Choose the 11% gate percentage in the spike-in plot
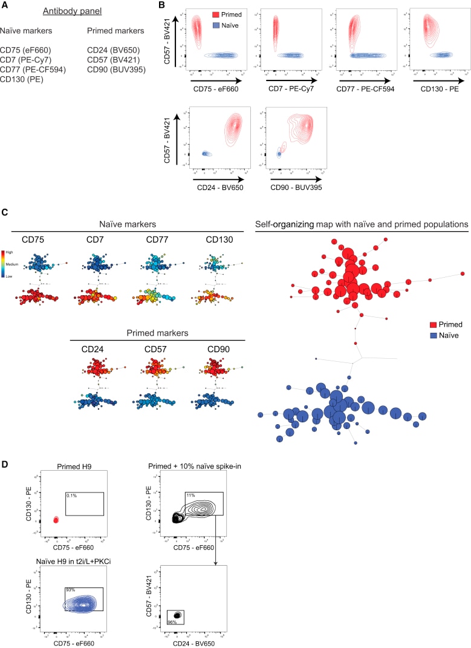pos(189,496)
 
